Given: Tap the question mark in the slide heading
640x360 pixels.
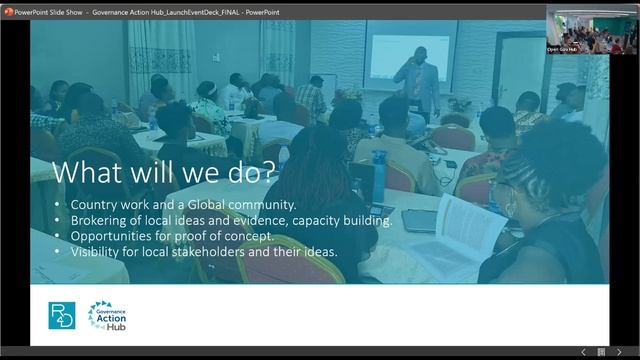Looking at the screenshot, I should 271,171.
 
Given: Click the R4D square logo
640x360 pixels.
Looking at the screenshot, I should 62,315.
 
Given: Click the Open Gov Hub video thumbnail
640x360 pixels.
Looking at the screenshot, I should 592,29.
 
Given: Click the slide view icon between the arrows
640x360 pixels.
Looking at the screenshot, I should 600,352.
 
